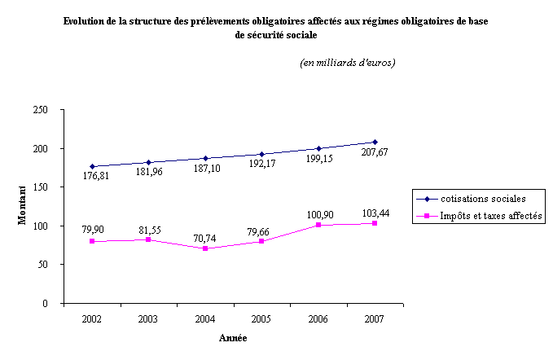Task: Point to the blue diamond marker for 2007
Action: pos(375,142)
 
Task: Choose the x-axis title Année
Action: pos(234,338)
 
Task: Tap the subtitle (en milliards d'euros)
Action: pos(348,63)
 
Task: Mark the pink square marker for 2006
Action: pos(318,225)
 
